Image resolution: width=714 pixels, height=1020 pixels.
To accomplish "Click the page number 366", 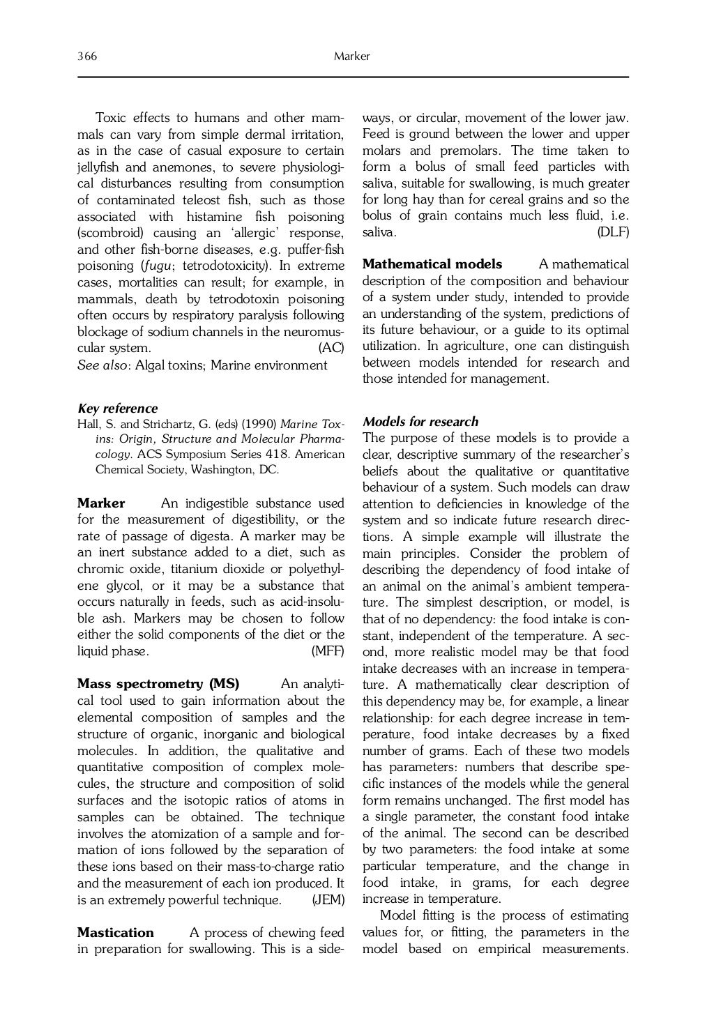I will click(x=86, y=56).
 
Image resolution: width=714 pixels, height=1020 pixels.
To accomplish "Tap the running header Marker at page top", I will click(x=352, y=56).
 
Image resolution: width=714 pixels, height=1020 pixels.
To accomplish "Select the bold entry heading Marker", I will click(x=101, y=503).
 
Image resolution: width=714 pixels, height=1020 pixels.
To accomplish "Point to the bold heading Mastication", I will click(x=115, y=933).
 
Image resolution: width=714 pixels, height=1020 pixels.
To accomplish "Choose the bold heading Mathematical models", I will click(x=432, y=264).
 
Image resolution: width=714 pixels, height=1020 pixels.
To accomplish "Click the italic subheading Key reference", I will click(x=117, y=409).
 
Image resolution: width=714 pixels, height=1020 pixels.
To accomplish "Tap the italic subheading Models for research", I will click(x=420, y=422).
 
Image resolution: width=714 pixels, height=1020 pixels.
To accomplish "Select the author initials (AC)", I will click(x=331, y=348).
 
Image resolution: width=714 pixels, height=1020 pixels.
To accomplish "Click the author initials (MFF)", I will click(x=328, y=651).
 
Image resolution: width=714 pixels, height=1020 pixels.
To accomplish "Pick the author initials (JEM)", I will click(x=328, y=900).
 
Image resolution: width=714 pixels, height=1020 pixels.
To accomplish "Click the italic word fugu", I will click(x=158, y=266).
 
